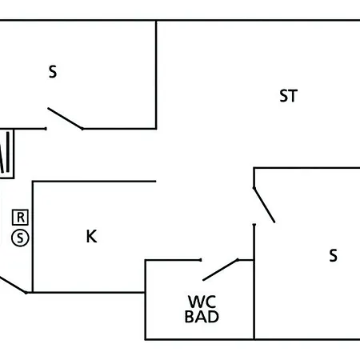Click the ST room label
coord(288,96)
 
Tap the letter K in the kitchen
coord(91,236)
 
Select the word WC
coord(202,302)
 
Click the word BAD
coord(202,317)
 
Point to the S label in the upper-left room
coord(53,72)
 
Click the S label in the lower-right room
coord(333,255)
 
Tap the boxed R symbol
coord(20,218)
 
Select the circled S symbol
coord(20,238)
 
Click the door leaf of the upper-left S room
coord(65,118)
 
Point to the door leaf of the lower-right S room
coord(264,205)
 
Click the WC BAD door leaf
coord(221,270)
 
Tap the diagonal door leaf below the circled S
coord(13,285)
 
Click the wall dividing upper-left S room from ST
coord(156,74)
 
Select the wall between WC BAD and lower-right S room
coord(254,282)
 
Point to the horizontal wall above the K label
coord(94,182)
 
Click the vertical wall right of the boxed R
coord(33,237)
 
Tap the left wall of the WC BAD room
coord(146,300)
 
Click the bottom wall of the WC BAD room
coord(199,339)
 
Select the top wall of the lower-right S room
coord(306,168)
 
